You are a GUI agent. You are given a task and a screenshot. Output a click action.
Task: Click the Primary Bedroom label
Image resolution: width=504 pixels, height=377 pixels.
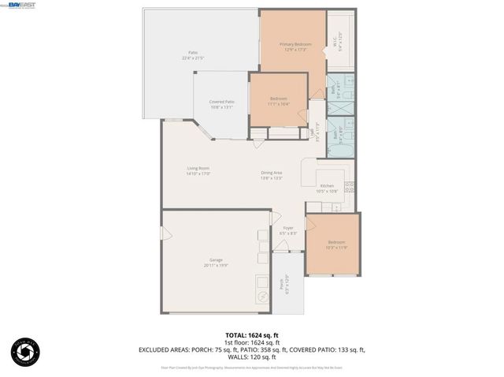pos(295,47)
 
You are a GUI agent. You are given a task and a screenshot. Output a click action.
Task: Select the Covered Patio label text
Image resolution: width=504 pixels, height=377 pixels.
pos(222,104)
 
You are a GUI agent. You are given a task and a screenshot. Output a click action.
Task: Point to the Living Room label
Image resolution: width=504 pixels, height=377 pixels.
pos(198,170)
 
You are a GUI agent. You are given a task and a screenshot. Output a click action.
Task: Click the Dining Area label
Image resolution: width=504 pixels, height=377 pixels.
pos(272,175)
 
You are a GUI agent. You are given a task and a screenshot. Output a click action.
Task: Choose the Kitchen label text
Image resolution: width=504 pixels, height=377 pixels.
pos(327,188)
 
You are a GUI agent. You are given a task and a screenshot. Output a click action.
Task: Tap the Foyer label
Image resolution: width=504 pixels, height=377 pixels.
pos(288,230)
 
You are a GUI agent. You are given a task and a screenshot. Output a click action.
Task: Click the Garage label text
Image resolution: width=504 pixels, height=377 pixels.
pos(216,263)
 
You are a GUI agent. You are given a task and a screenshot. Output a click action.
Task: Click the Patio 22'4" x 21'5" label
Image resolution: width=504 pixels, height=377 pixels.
pos(193,55)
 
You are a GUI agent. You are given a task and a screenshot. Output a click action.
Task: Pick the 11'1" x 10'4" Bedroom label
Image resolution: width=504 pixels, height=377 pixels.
pos(279,101)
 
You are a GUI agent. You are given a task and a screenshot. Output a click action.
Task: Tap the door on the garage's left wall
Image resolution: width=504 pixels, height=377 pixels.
pos(166,234)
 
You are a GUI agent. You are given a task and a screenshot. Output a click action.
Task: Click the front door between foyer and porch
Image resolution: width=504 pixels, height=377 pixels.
pos(288,252)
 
